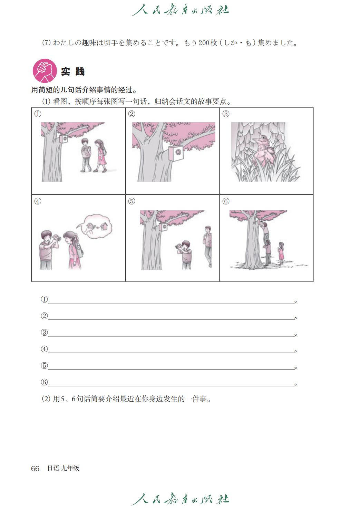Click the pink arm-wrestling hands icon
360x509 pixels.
[45, 71]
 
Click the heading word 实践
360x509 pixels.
[73, 71]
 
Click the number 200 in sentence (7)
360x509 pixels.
[204, 43]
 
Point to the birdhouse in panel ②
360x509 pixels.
[176, 153]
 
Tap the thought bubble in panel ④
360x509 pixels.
[96, 226]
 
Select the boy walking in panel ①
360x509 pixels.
[86, 155]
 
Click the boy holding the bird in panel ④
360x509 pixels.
[48, 250]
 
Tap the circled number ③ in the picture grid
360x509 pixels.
[225, 114]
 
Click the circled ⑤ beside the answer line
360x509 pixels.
[44, 366]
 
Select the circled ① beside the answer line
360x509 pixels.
[44, 299]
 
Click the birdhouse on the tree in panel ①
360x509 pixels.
[64, 139]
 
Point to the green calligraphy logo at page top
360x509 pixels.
[180, 10]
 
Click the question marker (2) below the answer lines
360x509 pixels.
[46, 399]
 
